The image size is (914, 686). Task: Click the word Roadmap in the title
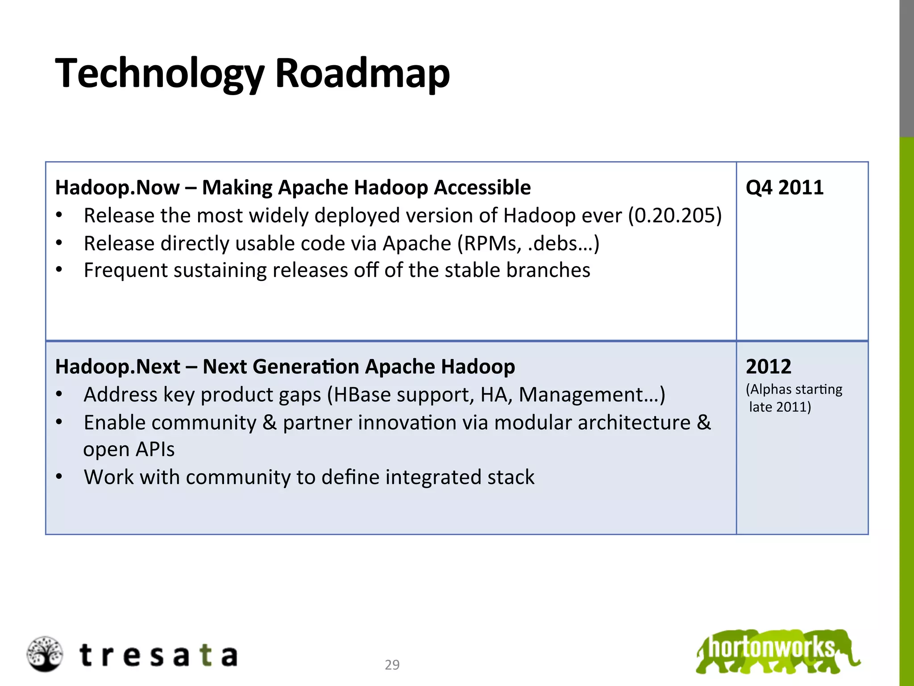(x=362, y=74)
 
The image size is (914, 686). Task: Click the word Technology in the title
(x=160, y=74)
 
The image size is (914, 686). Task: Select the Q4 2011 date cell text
(x=784, y=188)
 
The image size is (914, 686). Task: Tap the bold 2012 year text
(x=768, y=367)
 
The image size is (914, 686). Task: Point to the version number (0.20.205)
(x=675, y=216)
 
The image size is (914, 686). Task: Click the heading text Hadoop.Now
(x=117, y=188)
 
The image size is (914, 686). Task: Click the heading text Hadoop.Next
(x=118, y=367)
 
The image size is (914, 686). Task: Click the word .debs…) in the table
(x=563, y=244)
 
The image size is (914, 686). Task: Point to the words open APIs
(x=129, y=450)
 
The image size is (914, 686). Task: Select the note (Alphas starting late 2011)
(x=794, y=398)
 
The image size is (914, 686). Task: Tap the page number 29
(x=392, y=665)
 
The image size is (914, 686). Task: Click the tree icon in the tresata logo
(x=45, y=654)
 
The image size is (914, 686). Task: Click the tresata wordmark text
(x=158, y=656)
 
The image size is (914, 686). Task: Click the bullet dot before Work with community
(x=59, y=477)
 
